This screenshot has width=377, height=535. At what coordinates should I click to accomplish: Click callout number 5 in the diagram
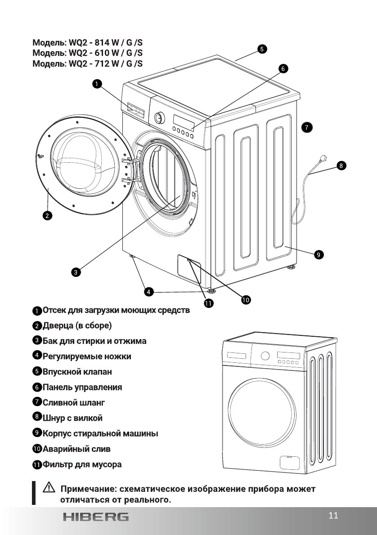click(x=261, y=49)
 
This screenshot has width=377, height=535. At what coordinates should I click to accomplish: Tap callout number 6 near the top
click(x=283, y=69)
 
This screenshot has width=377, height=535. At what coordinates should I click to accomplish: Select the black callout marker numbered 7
click(x=306, y=127)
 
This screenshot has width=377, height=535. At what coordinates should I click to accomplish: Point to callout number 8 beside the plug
click(x=341, y=165)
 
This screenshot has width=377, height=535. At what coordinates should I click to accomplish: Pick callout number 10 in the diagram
click(x=246, y=299)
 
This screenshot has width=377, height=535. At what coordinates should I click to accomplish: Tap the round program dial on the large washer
click(x=158, y=118)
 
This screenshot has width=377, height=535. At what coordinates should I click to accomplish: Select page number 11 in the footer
click(x=333, y=515)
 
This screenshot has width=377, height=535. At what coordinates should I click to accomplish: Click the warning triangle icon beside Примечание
click(x=47, y=488)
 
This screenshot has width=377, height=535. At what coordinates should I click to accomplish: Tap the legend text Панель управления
click(x=82, y=387)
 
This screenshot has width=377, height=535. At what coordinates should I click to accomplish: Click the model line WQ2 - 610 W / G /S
click(x=88, y=53)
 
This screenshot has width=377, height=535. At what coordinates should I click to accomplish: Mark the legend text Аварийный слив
click(x=76, y=449)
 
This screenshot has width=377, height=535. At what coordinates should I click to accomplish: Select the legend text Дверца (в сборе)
click(x=76, y=325)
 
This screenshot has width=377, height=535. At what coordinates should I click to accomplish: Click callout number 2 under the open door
click(x=47, y=215)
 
